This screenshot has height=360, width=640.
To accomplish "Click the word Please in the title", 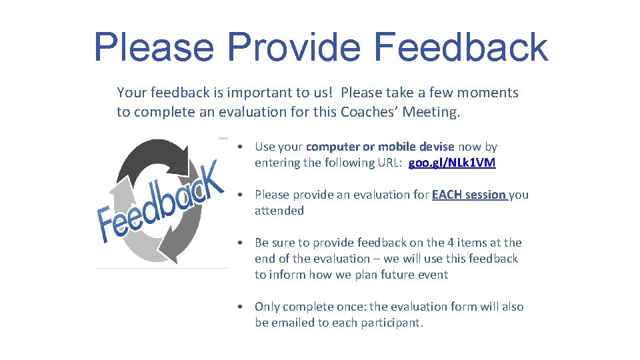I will click(154, 47).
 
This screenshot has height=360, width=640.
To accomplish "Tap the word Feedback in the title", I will click(461, 47).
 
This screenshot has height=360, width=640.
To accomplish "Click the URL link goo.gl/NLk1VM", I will click(452, 163).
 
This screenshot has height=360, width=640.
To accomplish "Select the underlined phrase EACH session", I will click(469, 195).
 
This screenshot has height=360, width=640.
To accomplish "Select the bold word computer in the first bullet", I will click(335, 147).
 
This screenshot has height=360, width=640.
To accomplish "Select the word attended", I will click(279, 211).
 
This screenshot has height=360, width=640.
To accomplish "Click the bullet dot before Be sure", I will click(239, 243).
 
